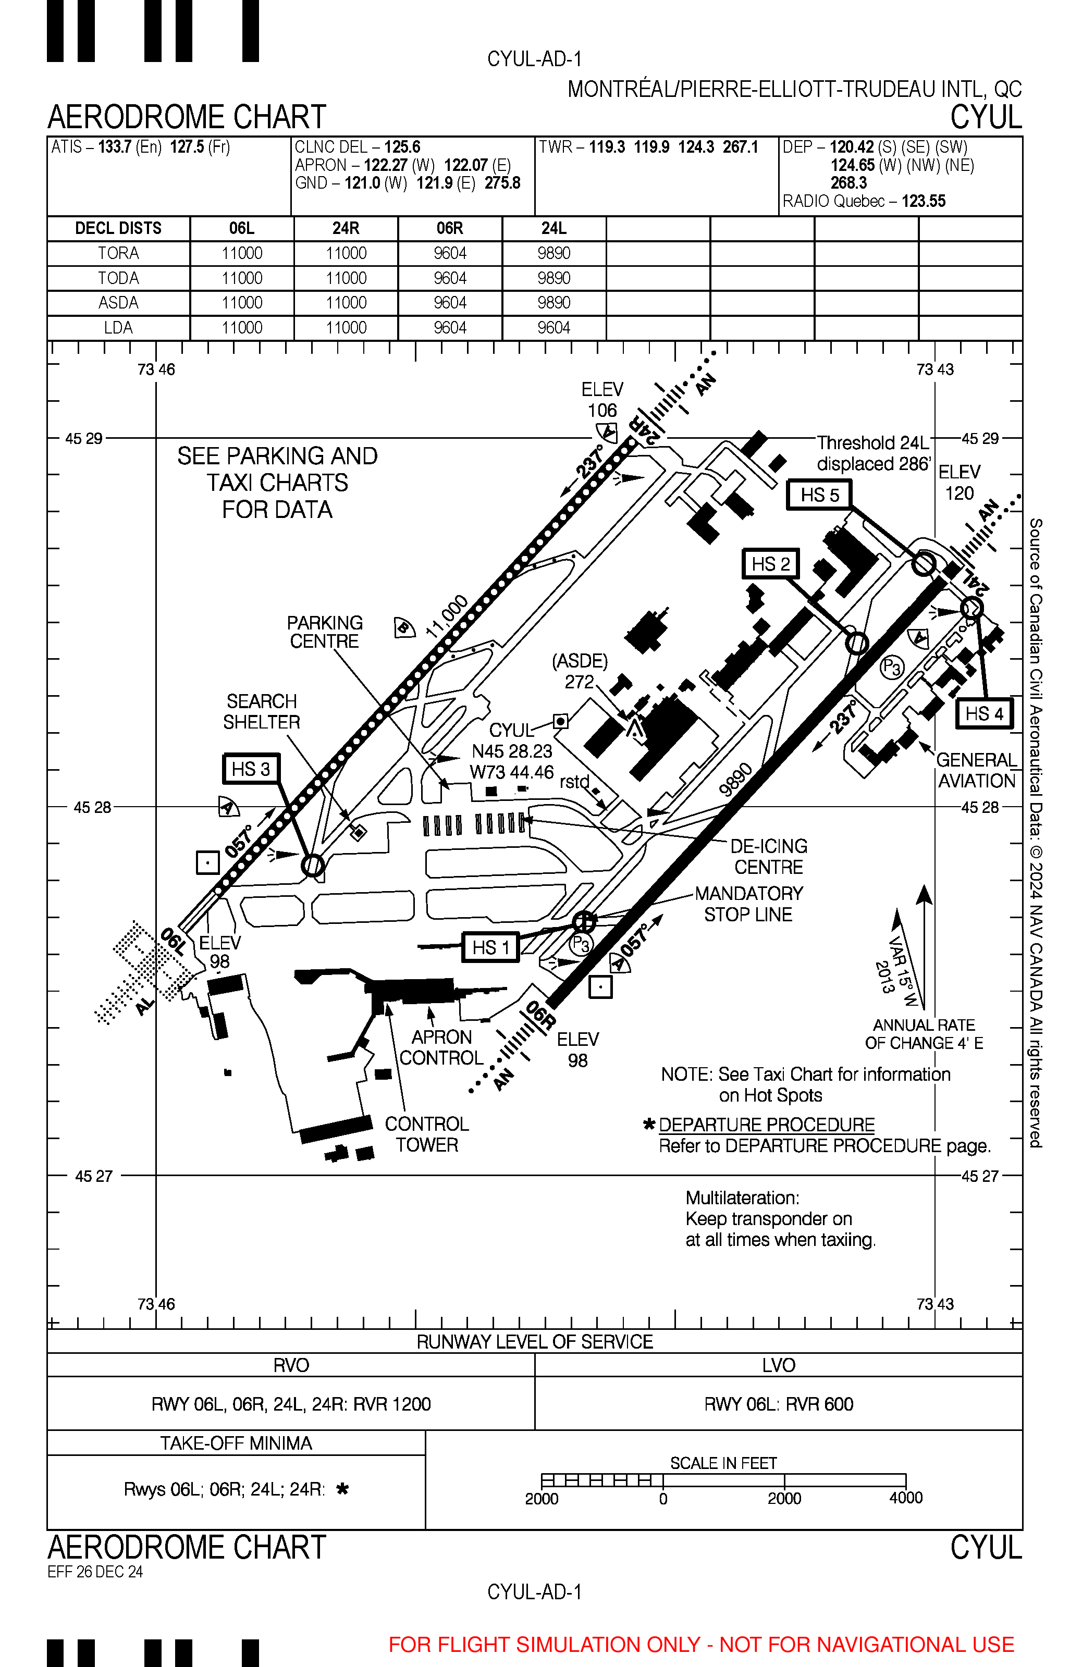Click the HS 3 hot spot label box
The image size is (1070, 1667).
(251, 769)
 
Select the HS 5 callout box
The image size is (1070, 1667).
(819, 495)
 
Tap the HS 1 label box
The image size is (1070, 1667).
(490, 947)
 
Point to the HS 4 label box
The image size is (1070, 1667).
(984, 713)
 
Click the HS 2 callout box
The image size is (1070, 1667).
(770, 564)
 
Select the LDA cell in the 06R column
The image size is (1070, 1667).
(450, 328)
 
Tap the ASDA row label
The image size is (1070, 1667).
(118, 303)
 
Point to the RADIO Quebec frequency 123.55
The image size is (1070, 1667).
(924, 202)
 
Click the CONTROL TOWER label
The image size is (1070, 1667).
(427, 1134)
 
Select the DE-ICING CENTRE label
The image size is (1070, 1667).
(768, 856)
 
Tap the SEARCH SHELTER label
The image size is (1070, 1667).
(261, 711)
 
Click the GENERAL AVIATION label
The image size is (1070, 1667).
(976, 770)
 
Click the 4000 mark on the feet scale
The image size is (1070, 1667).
(905, 1498)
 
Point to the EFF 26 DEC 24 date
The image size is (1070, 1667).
(95, 1572)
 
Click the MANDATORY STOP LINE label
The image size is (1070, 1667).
(748, 904)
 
